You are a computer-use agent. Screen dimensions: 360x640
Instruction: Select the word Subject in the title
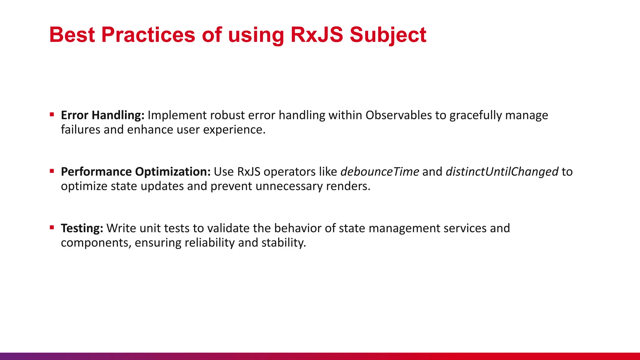pos(388,35)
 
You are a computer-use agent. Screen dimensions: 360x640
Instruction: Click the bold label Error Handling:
pos(102,115)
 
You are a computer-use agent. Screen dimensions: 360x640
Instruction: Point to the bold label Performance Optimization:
pos(136,172)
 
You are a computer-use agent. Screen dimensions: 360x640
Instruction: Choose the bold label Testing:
pos(82,228)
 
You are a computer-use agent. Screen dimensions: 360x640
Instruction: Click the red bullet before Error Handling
pos(52,114)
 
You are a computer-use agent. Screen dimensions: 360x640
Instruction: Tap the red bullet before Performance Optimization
pos(52,171)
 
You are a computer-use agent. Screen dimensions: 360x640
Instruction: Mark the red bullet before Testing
pos(52,227)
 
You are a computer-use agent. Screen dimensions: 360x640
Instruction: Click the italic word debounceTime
pos(380,172)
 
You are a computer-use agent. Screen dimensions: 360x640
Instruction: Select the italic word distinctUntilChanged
pos(502,172)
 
